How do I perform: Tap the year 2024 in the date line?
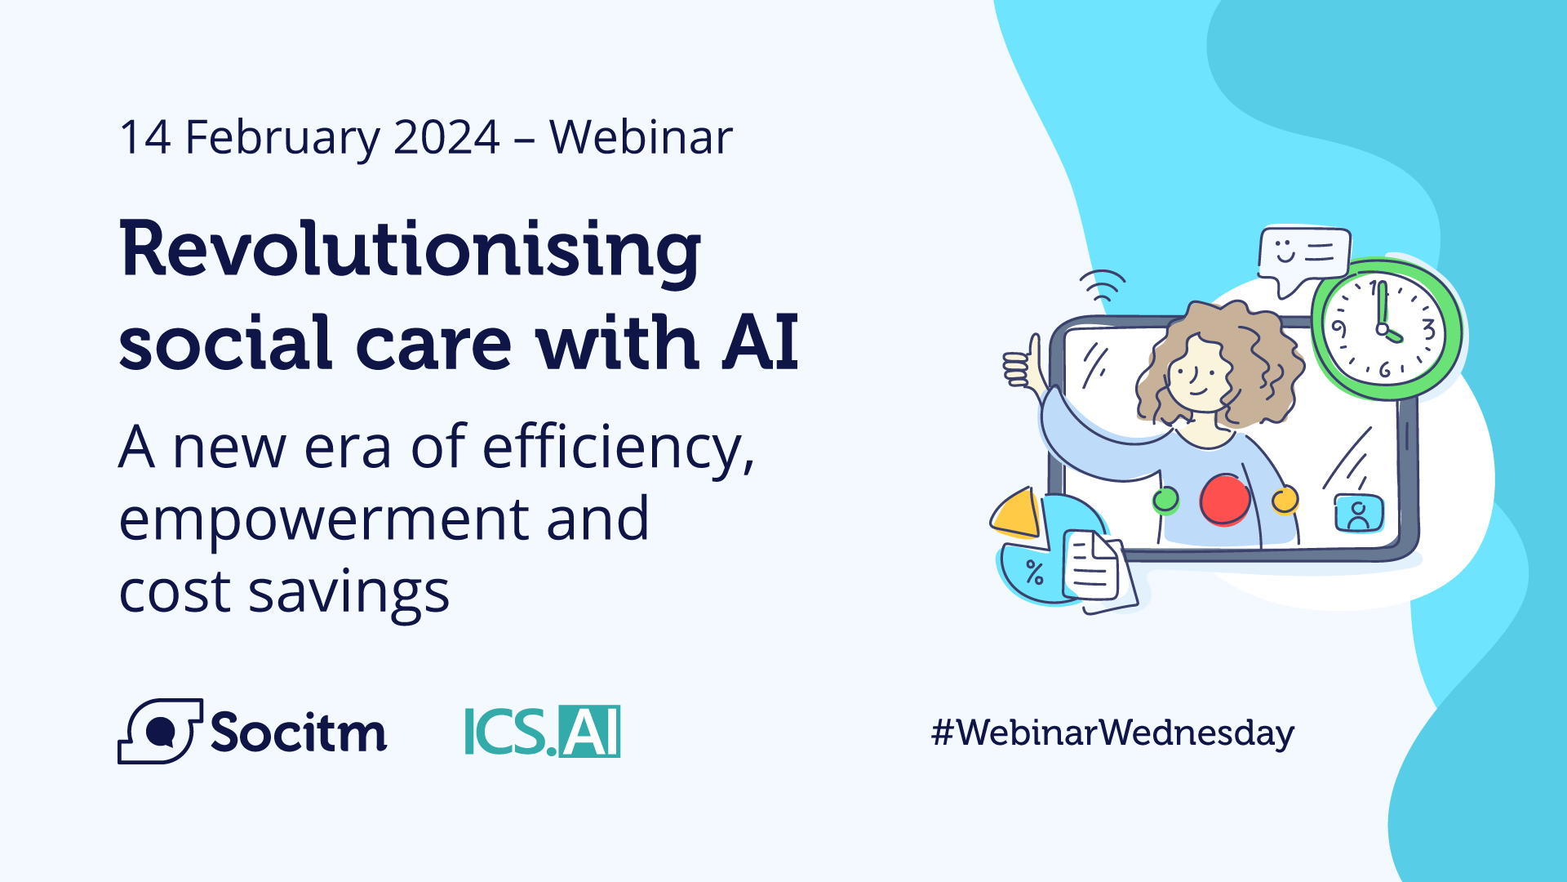pos(446,137)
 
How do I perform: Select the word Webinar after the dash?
pos(641,137)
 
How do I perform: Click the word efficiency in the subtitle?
pos(618,448)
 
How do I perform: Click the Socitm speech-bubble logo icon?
pos(160,731)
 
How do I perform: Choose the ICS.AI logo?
pos(542,732)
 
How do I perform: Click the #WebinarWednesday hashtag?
pos(1112,733)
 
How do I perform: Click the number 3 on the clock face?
pos(1428,329)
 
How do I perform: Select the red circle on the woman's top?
pos(1224,500)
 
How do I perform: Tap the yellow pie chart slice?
pos(1016,514)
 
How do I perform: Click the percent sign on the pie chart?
pos(1035,572)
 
